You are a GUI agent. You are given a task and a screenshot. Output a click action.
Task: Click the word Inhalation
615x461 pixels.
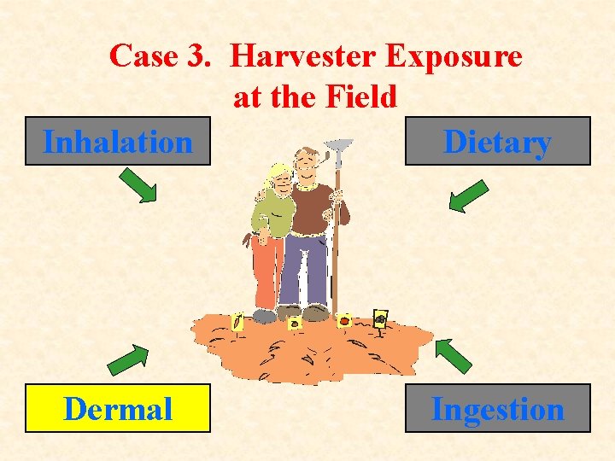coord(118,142)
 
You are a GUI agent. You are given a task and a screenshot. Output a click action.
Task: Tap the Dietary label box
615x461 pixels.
coord(497,142)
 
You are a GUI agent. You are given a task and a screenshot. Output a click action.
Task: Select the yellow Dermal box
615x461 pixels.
coord(118,409)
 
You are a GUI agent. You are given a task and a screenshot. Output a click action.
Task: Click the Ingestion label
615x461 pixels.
coord(497,409)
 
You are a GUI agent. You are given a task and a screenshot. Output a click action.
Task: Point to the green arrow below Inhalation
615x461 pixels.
coord(137,184)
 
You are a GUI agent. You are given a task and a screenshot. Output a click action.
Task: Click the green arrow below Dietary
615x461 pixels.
coord(468,195)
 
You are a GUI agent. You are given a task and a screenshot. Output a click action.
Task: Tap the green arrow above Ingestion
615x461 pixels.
coord(452,355)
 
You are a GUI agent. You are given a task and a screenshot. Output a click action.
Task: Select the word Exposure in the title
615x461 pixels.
coord(454,57)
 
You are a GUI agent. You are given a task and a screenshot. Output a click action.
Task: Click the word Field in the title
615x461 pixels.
coord(364,97)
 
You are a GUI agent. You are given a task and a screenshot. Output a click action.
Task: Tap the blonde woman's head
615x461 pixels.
coord(278,178)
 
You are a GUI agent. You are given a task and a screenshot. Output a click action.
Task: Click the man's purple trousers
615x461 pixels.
coord(305,269)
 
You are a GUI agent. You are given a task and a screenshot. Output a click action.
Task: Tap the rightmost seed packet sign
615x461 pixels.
coord(380,318)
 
